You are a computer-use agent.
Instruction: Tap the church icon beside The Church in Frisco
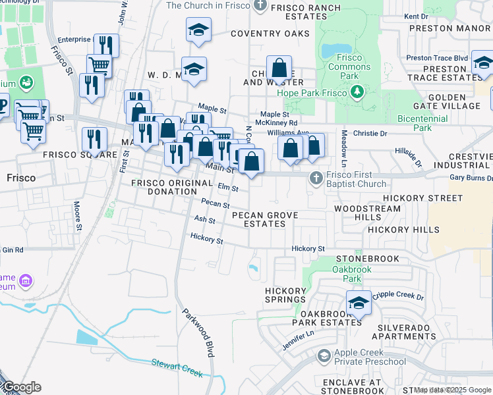click(x=260, y=6)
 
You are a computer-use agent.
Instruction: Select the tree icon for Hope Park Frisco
click(x=357, y=91)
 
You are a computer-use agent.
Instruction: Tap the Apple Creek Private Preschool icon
click(x=324, y=356)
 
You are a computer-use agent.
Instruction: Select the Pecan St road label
click(x=215, y=204)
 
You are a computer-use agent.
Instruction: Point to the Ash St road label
click(x=205, y=220)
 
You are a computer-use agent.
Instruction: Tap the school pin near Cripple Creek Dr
click(x=359, y=303)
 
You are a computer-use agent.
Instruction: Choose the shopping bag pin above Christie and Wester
click(x=279, y=68)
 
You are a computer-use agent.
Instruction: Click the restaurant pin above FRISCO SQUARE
click(x=94, y=140)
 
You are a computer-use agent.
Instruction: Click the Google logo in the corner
click(x=21, y=387)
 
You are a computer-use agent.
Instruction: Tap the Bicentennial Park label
click(x=423, y=123)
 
